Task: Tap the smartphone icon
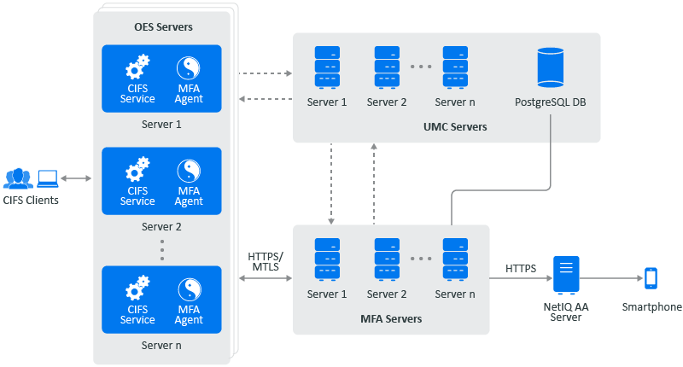(651, 277)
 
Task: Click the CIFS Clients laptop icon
(47, 178)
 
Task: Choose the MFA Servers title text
(391, 319)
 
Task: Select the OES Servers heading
(163, 27)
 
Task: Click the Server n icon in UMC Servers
(455, 67)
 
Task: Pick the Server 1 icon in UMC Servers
(327, 67)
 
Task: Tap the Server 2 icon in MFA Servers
(387, 259)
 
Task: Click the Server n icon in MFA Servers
(455, 259)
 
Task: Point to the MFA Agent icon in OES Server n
(189, 288)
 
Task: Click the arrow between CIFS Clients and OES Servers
(76, 178)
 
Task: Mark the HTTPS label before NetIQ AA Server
(521, 268)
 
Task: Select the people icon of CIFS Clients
(18, 178)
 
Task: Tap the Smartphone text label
(652, 307)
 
